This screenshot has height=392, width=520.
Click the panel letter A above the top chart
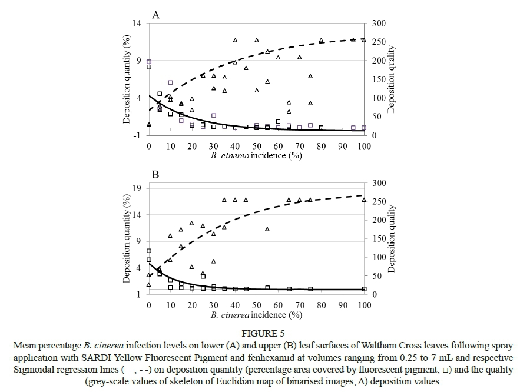(156, 15)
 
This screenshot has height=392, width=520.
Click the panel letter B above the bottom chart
(156, 175)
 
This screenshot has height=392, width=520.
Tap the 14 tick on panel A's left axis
(137, 24)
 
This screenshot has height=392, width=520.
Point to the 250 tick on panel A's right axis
(379, 42)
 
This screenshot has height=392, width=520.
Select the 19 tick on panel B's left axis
(137, 188)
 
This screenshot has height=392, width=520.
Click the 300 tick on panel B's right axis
(379, 184)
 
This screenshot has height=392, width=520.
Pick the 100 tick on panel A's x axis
(364, 146)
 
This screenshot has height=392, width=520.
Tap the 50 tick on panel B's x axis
(256, 305)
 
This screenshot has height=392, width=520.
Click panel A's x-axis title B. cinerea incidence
(257, 156)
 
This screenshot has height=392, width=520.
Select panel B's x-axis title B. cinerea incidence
(257, 315)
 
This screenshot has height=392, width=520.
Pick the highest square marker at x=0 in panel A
(149, 62)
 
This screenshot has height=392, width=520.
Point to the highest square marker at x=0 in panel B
(149, 251)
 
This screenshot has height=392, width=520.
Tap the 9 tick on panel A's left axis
(139, 61)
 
